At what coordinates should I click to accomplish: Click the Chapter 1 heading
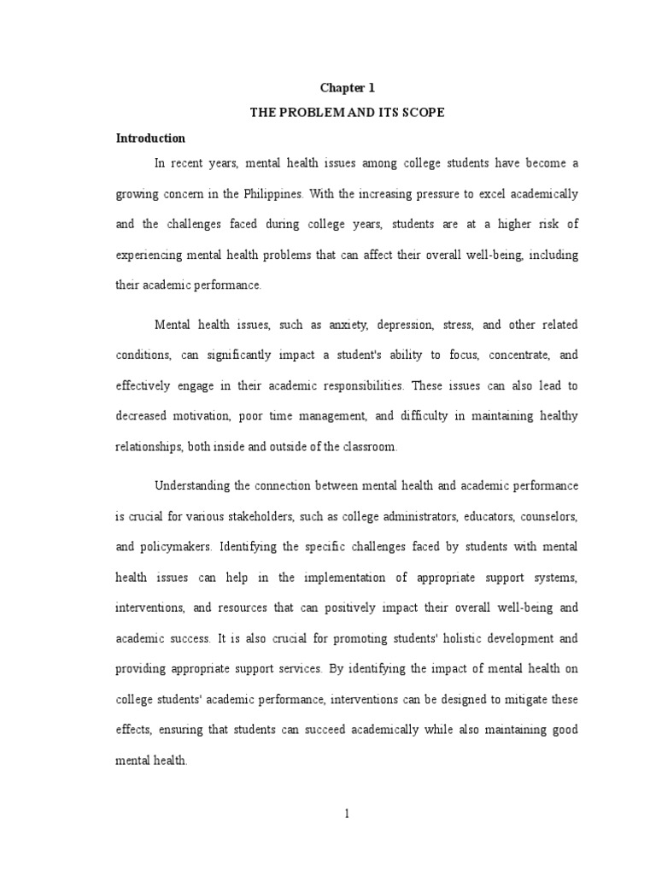[347, 88]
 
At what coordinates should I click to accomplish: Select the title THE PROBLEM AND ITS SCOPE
[347, 113]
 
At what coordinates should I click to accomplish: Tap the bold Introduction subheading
[150, 138]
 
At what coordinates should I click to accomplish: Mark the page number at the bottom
[347, 813]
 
